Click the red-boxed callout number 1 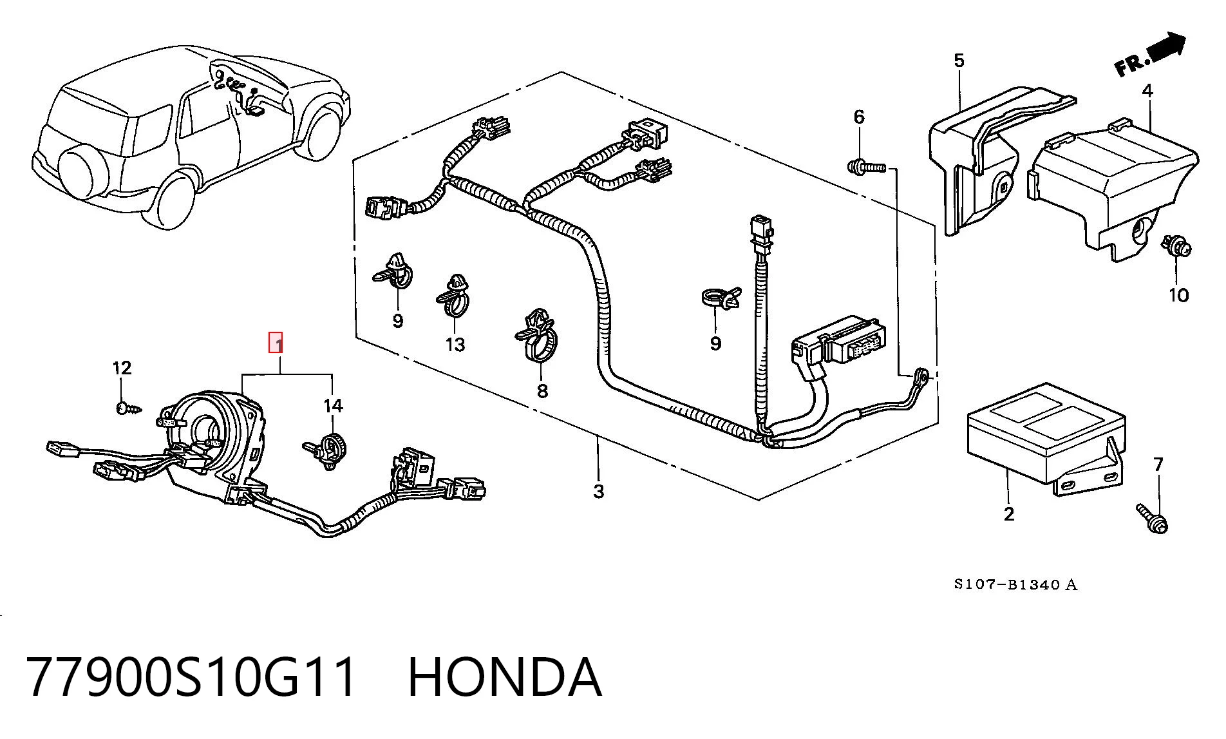point(276,343)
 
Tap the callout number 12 point(122,368)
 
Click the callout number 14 point(333,406)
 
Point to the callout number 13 point(455,345)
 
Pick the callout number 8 point(542,390)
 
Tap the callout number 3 point(599,491)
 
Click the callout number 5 point(959,61)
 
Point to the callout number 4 point(1147,91)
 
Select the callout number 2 point(1008,513)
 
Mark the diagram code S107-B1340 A point(1015,584)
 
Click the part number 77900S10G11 point(191,677)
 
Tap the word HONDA point(505,677)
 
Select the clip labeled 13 point(455,296)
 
